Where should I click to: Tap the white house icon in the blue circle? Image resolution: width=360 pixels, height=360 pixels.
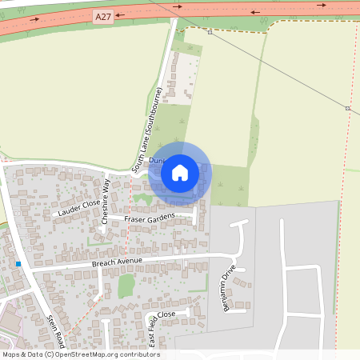coord(180,172)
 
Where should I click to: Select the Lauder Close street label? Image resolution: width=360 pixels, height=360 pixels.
coord(78,209)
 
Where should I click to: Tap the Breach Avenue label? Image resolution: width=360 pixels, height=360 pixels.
coord(117,262)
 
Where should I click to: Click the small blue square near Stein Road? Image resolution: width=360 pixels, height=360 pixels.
coord(18,263)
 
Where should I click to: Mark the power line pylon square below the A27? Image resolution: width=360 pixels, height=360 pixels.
coord(210,33)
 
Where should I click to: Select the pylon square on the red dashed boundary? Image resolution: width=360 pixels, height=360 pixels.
coord(347,107)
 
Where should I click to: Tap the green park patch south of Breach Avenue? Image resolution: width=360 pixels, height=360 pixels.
coord(126,285)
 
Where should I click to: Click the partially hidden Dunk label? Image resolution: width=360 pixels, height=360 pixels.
coord(154,160)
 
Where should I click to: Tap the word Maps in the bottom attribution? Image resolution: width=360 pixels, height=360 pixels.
coord(11,354)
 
